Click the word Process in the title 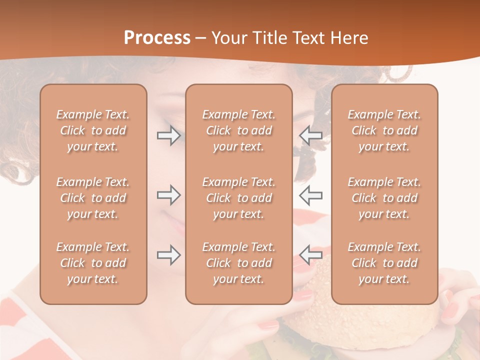pos(157,38)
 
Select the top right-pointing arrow pos(168,135)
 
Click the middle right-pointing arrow pos(168,194)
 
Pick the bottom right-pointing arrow pos(168,254)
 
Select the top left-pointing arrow pos(310,135)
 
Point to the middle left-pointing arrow pos(310,194)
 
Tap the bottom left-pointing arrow pos(310,254)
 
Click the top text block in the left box pos(93,130)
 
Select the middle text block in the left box pos(93,198)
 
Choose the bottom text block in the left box pos(93,263)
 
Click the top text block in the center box pos(238,130)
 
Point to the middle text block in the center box pos(238,198)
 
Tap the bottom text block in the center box pos(238,263)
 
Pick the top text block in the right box pos(384,130)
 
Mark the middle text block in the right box pos(384,198)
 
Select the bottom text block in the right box pos(384,263)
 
